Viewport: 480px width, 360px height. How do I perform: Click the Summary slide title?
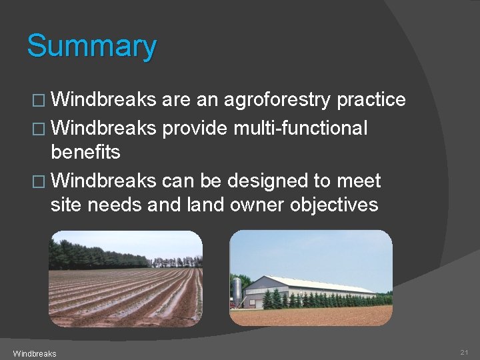(91, 47)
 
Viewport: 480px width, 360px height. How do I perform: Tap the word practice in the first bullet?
(371, 100)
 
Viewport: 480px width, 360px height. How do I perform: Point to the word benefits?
(85, 153)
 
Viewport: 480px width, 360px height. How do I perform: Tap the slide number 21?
(464, 352)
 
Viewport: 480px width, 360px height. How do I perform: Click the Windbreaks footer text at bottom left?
(34, 353)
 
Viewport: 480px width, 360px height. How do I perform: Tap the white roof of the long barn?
(320, 283)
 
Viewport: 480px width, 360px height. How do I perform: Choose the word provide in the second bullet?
(195, 127)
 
